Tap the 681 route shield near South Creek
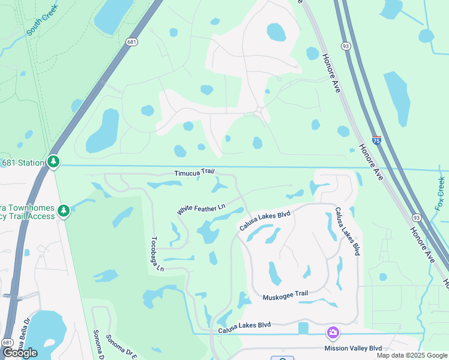132,41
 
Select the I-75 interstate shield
376,140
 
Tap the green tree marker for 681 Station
53,162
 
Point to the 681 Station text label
23,163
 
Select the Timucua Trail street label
194,172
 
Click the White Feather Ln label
201,209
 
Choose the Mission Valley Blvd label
353,348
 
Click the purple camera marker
333,333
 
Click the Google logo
20,353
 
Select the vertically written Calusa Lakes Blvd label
348,231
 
